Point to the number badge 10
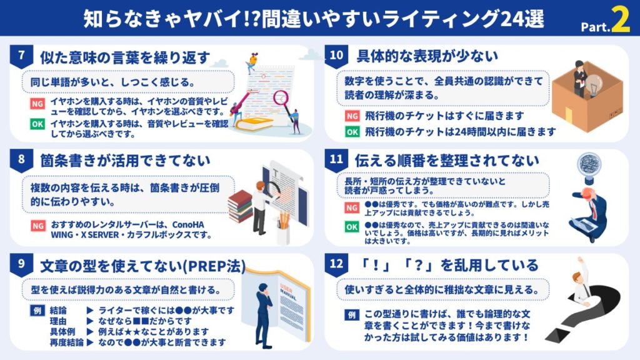tap(336, 55)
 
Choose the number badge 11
tap(336, 159)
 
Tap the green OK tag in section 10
tap(352, 132)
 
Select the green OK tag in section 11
tap(352, 227)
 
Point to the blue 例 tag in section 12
tap(352, 314)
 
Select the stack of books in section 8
tap(240, 207)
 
